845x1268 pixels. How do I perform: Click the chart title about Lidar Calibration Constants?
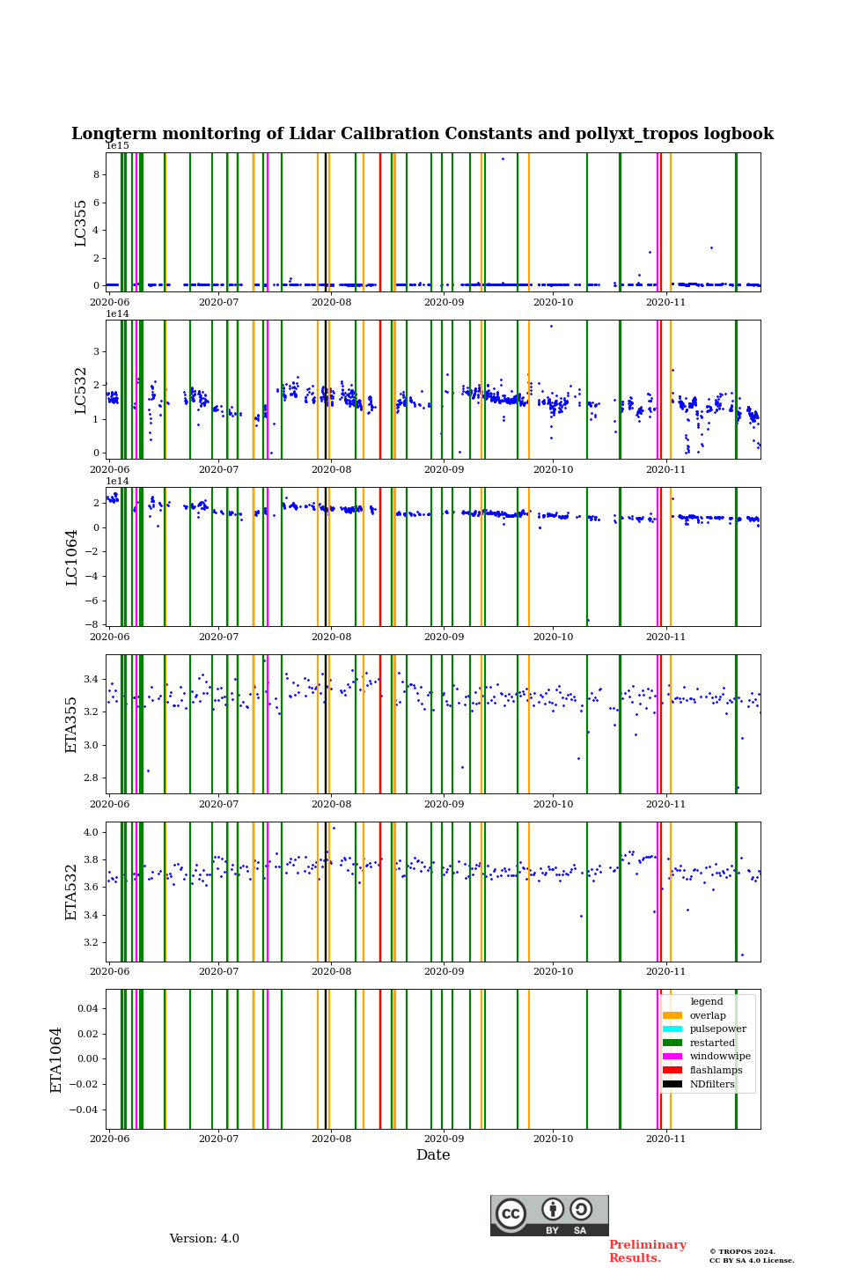tap(422, 134)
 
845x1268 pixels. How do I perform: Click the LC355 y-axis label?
tap(81, 223)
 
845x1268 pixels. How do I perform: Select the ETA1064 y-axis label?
tap(56, 1059)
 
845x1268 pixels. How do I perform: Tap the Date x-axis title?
tap(433, 1155)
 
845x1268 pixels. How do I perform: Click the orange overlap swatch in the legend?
tap(672, 1015)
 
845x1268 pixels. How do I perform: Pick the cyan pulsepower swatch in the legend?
tap(672, 1028)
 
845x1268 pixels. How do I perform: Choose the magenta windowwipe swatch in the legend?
tap(672, 1057)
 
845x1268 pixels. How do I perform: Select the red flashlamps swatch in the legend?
tap(672, 1070)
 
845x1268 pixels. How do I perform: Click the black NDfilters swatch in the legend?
tap(672, 1084)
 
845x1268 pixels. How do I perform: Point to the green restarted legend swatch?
tap(672, 1043)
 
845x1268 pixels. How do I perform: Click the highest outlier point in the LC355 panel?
tap(503, 158)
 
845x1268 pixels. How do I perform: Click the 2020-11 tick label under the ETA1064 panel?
tap(665, 1139)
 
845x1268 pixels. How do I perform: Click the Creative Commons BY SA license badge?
tap(549, 1215)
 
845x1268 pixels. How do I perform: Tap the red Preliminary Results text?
tap(647, 1251)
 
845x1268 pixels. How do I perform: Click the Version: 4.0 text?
tap(204, 1239)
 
